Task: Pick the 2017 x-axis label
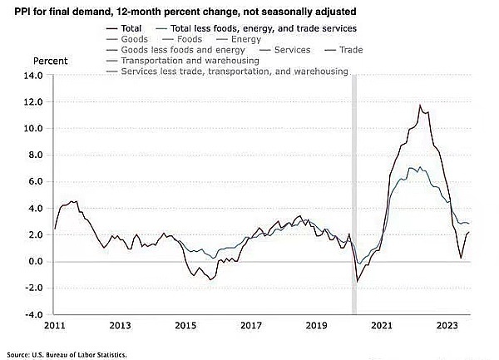click(x=250, y=327)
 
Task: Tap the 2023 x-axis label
click(x=447, y=327)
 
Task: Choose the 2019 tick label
click(x=316, y=327)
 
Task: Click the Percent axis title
click(x=51, y=62)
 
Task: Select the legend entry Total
click(x=131, y=28)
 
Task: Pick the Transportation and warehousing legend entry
click(x=190, y=61)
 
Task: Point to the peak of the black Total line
click(x=420, y=106)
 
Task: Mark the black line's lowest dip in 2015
click(x=211, y=279)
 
